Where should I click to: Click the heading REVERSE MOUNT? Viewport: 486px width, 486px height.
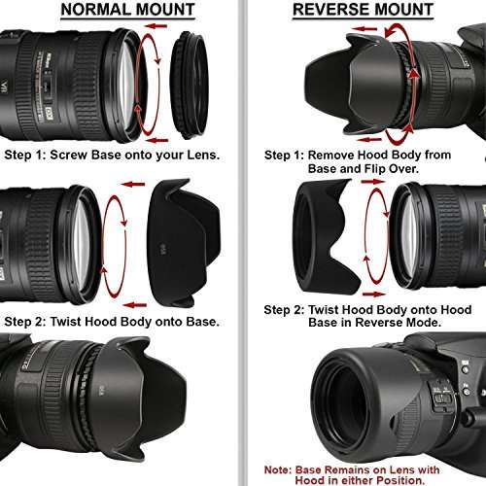(x=363, y=11)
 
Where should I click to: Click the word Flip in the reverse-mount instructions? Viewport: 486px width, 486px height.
(x=375, y=169)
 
